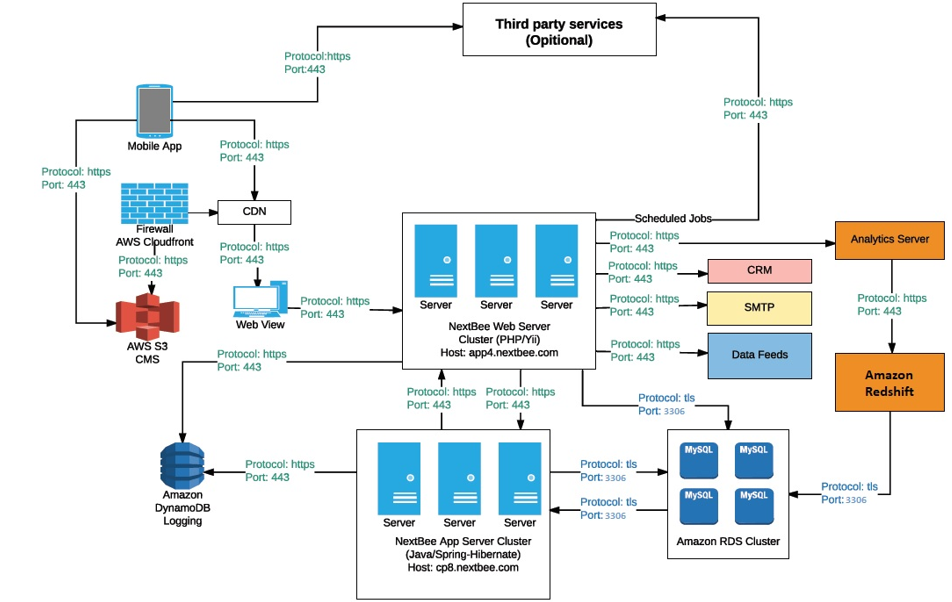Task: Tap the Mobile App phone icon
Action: click(x=153, y=110)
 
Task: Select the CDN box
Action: click(x=254, y=211)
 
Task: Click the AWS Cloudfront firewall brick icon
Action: click(x=153, y=203)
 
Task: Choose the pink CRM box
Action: click(x=759, y=271)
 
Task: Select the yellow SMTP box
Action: click(x=759, y=309)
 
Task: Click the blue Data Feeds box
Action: click(x=759, y=355)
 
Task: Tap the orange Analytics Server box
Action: click(x=889, y=239)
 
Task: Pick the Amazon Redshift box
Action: click(x=889, y=382)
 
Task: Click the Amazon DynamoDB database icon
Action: click(x=182, y=464)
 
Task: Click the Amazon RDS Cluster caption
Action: click(x=727, y=542)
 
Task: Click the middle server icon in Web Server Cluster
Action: click(x=496, y=259)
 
